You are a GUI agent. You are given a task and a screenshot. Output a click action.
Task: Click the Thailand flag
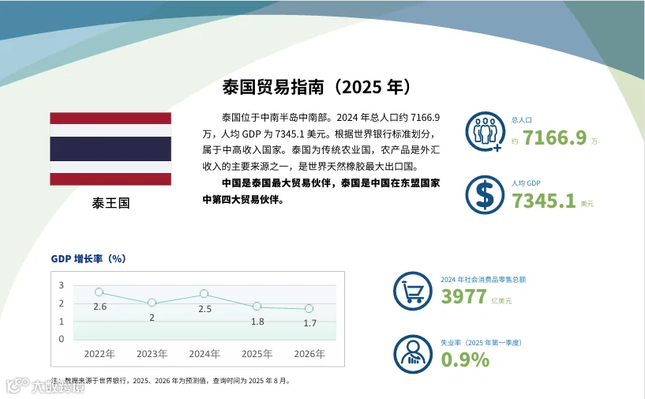pos(111,149)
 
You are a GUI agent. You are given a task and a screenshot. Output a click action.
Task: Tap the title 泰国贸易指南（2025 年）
pos(317,87)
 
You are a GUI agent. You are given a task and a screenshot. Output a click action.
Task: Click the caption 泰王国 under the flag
pos(111,203)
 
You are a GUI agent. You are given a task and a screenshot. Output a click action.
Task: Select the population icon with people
pos(485,131)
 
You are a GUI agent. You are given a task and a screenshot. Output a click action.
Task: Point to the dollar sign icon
pos(485,195)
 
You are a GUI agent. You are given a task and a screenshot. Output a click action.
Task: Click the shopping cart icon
pos(413,291)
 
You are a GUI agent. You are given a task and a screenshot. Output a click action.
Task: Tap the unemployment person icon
pos(413,354)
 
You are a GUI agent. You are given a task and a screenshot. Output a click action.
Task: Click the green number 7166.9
pos(554,137)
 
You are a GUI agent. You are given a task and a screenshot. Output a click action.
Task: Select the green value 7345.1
pos(543,201)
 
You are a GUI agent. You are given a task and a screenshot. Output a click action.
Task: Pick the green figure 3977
pos(463,296)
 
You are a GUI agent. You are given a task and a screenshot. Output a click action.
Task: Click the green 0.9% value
pos(465,359)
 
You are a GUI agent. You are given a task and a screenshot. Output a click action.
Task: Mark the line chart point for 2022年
pos(99,292)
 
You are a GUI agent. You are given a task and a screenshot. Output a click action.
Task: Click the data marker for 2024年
pos(204,294)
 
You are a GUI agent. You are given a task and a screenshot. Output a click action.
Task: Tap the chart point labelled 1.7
pos(309,308)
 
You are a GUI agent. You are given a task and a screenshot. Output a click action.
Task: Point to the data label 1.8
pos(257,322)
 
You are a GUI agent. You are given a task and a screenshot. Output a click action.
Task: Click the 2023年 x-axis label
pos(152,354)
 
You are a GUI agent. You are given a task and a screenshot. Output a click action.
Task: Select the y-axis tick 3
pos(62,285)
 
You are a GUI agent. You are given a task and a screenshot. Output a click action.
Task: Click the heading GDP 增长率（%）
pos(88,258)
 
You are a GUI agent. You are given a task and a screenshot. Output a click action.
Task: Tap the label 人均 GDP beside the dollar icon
pos(526,183)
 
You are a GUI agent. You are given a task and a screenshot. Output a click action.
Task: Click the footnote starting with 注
pos(171,381)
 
